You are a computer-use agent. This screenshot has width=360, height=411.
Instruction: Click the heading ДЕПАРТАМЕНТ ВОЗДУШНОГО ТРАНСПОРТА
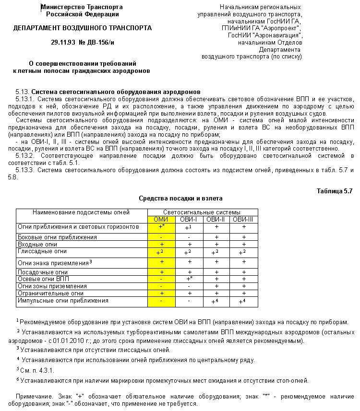coord(83,28)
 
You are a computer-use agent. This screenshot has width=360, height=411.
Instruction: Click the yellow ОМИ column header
coord(161,219)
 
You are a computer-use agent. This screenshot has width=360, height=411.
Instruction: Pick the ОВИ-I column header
coord(189,219)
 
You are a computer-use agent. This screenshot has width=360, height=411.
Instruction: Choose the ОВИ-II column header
coord(216,219)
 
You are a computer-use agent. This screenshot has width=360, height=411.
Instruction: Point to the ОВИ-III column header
coord(243,219)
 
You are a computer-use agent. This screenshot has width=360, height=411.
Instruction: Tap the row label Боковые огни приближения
coord(57,237)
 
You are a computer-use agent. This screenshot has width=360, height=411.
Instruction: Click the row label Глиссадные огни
coord(42,251)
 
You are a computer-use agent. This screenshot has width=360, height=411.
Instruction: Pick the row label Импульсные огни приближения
coord(63,301)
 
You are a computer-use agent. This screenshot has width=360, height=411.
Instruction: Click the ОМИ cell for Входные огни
coord(161,244)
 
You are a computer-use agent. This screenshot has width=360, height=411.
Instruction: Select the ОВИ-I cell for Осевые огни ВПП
coord(189,279)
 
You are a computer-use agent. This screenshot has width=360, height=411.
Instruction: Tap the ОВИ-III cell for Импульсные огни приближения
coord(243,301)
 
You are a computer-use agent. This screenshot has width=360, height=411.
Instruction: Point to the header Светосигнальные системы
coord(202,212)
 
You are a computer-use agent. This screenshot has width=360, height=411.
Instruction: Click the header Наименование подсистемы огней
coord(81,212)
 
